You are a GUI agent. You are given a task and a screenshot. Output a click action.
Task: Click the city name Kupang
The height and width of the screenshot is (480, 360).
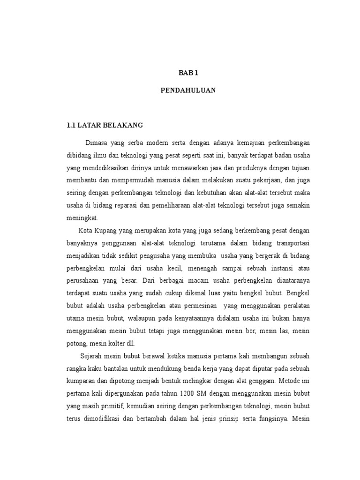(x=106, y=231)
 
